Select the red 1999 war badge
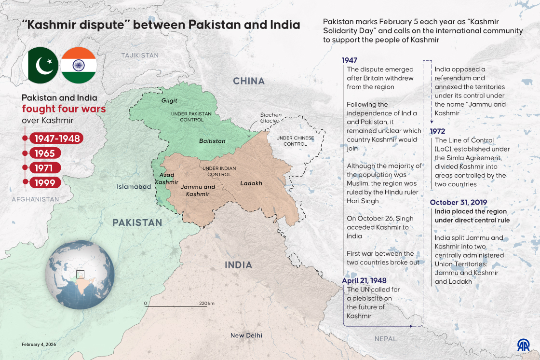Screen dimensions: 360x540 45,182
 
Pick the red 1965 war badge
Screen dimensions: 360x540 45,153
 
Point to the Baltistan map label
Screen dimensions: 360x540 212,141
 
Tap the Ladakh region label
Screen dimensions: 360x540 251,183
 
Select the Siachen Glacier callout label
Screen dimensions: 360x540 270,118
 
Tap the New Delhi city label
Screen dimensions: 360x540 246,335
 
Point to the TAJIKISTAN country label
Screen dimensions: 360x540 140,55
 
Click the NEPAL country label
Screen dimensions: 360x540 385,339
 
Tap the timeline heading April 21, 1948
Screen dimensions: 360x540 364,280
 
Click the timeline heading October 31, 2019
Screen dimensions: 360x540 459,202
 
